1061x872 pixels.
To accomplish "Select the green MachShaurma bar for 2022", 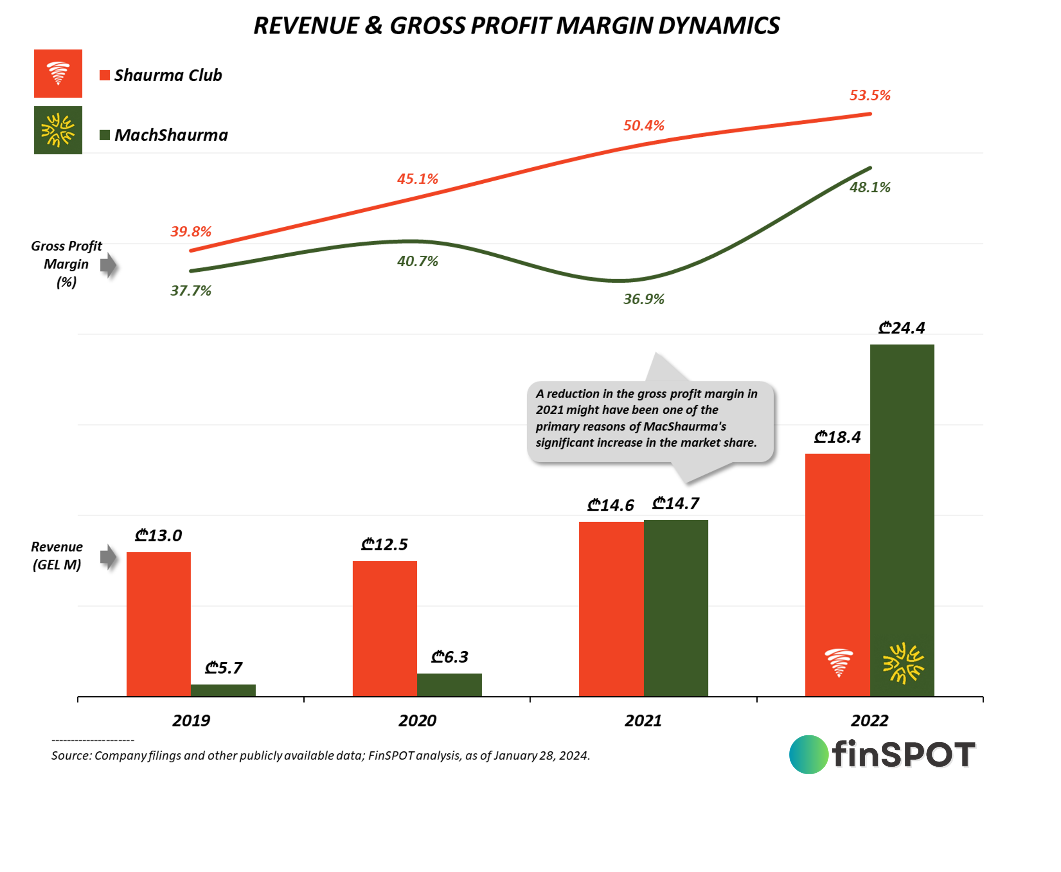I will click(902, 502).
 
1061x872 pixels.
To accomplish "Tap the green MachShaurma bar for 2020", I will click(449, 685).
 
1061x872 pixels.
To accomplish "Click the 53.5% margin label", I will click(870, 95).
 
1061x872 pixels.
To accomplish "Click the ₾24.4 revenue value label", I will click(901, 328).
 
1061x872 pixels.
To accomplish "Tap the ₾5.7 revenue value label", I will click(223, 667).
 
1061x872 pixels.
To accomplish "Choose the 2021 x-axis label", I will click(643, 721).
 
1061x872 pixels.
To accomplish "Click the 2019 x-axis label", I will click(191, 721).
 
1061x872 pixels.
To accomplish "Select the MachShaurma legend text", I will click(171, 135).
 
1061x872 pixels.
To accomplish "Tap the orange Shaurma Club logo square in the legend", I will click(58, 73).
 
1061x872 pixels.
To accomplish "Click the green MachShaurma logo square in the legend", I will click(58, 130).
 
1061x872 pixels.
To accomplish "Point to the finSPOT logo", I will click(882, 755).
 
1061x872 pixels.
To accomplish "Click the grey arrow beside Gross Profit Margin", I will click(108, 265).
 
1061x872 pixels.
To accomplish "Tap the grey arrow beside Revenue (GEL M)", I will click(108, 556).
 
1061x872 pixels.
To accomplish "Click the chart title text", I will click(516, 26).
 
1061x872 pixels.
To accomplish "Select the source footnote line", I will click(320, 755).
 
